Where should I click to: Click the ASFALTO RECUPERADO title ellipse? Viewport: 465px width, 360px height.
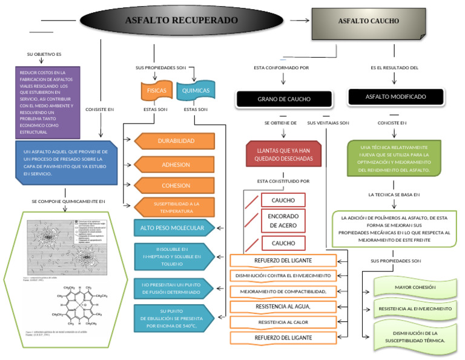tap(182, 21)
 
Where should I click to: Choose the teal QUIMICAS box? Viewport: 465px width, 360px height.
tap(195, 92)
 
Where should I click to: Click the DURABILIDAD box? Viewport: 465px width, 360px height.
tap(176, 141)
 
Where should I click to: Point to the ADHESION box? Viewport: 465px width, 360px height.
tap(176, 164)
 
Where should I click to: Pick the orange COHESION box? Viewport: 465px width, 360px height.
tap(176, 186)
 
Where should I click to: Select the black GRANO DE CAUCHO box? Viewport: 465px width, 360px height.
tap(284, 99)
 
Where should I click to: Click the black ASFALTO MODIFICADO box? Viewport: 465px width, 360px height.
tap(395, 97)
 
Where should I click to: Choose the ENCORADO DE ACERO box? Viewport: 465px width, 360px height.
tap(283, 221)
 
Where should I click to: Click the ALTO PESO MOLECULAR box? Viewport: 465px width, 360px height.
tap(173, 228)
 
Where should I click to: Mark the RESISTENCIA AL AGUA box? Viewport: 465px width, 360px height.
tap(283, 306)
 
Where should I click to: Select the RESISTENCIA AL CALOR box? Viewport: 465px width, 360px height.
tap(283, 322)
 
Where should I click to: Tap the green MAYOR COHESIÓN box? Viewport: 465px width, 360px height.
tap(415, 287)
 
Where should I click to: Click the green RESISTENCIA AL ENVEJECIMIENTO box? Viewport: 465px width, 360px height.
tap(415, 309)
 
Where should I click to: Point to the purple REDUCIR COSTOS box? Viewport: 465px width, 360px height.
tap(48, 102)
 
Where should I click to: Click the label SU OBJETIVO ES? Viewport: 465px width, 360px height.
tap(44, 55)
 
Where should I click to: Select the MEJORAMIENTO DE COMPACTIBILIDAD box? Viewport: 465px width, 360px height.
tap(283, 291)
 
